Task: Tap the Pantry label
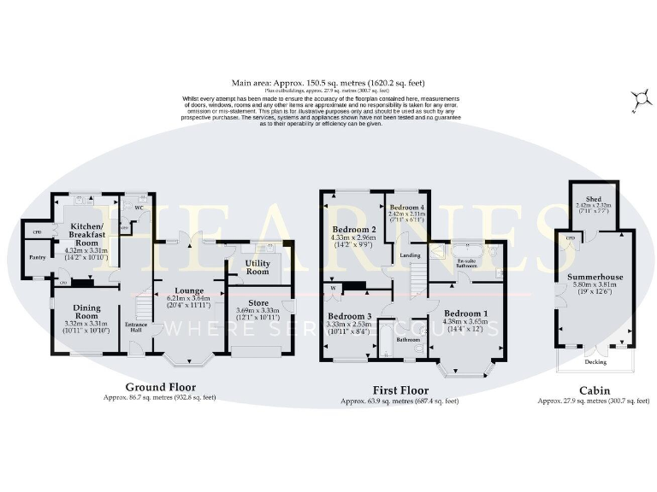36,256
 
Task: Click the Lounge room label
189,290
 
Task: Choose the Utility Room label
257,267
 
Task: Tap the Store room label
257,302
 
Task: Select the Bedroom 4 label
405,208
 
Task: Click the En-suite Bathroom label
466,262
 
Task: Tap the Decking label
595,362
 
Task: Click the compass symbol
636,102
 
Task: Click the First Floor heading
399,390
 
